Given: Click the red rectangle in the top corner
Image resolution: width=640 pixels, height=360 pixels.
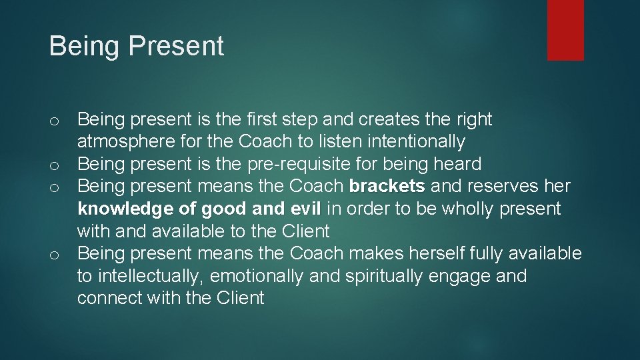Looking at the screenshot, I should pos(565,30).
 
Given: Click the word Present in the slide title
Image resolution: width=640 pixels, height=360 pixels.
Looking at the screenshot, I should pos(177,47).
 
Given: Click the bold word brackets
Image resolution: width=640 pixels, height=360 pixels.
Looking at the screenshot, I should pos(387,186).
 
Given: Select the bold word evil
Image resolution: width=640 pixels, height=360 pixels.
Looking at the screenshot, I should pos(305,209).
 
